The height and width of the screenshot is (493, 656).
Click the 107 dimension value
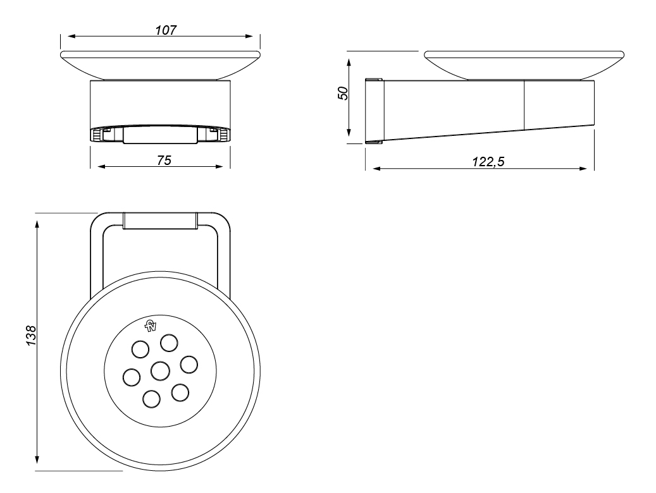tap(166, 30)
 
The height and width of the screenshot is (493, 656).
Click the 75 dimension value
tap(164, 161)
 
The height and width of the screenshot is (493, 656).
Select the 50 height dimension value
tap(343, 93)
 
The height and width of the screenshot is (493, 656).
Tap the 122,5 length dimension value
tap(488, 161)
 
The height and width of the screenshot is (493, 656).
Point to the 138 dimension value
tap(32, 336)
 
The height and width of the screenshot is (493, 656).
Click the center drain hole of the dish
tap(160, 371)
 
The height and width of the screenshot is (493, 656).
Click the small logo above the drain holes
tap(150, 326)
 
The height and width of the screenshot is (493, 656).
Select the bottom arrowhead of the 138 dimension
tap(37, 459)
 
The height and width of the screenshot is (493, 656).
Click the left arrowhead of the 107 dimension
tap(71, 37)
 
